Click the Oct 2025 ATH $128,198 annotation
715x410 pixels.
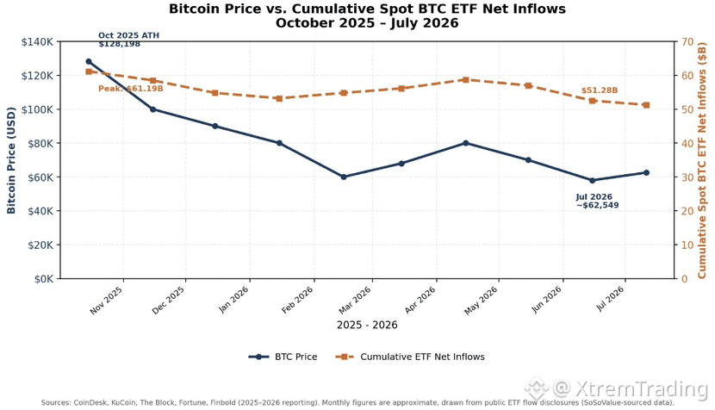[x=128, y=40]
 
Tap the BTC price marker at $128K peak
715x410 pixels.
[x=89, y=61]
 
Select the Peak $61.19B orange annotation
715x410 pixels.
[x=130, y=89]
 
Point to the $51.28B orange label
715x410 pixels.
[x=600, y=90]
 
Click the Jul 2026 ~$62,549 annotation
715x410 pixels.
[x=597, y=201]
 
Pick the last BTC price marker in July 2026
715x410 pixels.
[x=646, y=173]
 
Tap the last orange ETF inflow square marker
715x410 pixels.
[x=646, y=105]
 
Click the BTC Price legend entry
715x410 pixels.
[x=283, y=357]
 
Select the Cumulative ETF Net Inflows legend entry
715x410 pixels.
[x=410, y=357]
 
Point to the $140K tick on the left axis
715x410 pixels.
[x=37, y=42]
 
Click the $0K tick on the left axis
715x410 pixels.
[x=44, y=279]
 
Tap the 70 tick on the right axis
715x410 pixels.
[x=687, y=42]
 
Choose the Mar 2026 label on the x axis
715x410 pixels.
[x=354, y=300]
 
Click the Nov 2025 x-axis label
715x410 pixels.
[x=106, y=300]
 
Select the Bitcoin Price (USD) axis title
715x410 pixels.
[x=11, y=160]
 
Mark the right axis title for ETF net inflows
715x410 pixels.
[x=702, y=160]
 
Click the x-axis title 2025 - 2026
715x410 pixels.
[x=367, y=326]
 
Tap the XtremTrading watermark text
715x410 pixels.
[x=641, y=389]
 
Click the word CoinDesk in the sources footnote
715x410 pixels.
[x=90, y=403]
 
